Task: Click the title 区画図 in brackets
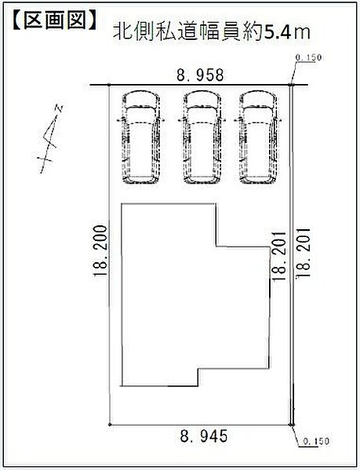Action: [55, 20]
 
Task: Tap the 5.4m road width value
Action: [286, 32]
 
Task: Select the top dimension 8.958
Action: [200, 75]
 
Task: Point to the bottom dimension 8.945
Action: [204, 436]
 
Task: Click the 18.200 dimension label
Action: [100, 251]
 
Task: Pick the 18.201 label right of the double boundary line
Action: [303, 254]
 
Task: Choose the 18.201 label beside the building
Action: [279, 256]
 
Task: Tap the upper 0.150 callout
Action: [309, 57]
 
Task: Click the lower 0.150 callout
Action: [315, 441]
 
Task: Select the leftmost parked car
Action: [140, 137]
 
